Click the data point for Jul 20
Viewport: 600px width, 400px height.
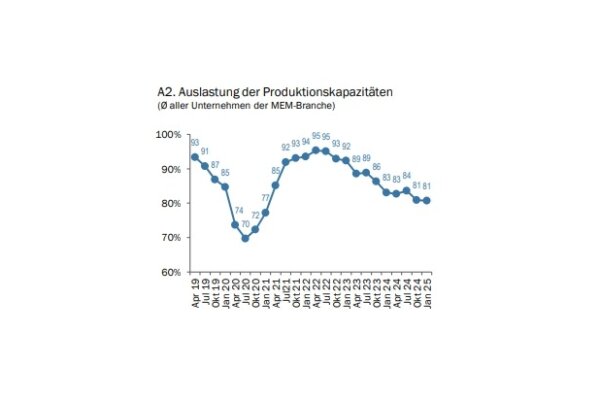click(x=245, y=238)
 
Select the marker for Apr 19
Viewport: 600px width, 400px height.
click(x=195, y=157)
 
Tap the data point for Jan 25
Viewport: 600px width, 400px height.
click(x=428, y=200)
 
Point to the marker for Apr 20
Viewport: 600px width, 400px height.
click(x=235, y=224)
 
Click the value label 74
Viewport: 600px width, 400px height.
click(x=239, y=210)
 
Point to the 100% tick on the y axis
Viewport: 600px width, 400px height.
click(x=168, y=135)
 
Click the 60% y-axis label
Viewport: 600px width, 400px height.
click(x=170, y=272)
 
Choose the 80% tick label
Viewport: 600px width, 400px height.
click(x=170, y=204)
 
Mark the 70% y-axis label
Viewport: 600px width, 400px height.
click(x=170, y=238)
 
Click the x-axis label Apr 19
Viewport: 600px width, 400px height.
click(x=195, y=288)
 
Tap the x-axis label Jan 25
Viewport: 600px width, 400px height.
click(x=428, y=288)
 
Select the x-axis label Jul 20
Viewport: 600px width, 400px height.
click(x=245, y=288)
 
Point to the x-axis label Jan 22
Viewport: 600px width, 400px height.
click(x=306, y=288)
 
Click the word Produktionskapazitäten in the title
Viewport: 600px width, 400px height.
click(x=331, y=91)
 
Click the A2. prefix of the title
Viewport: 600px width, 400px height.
click(x=166, y=91)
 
